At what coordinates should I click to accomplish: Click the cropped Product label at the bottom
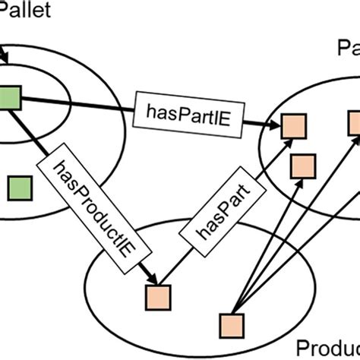tap(327, 345)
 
